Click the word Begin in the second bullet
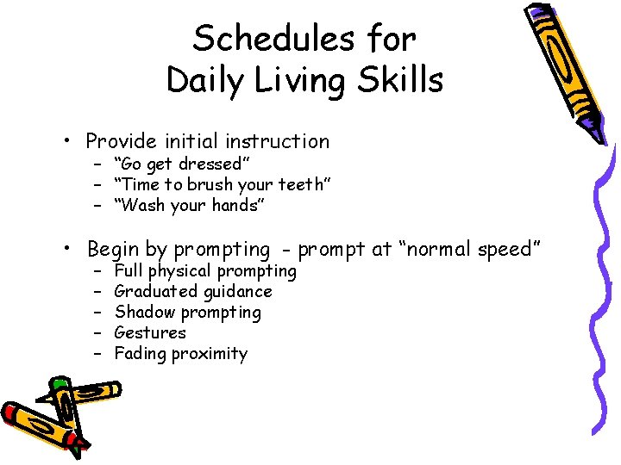[112, 251]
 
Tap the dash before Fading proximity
[98, 354]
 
